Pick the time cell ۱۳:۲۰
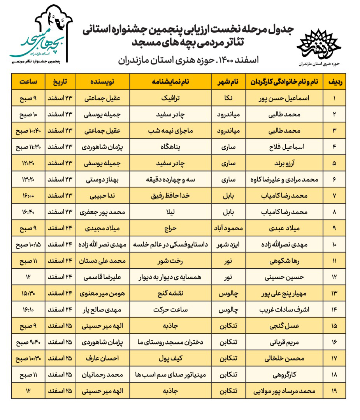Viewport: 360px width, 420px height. pos(28,180)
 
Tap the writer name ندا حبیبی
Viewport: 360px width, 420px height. pos(102,196)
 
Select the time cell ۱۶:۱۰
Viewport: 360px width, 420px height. pos(28,309)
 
